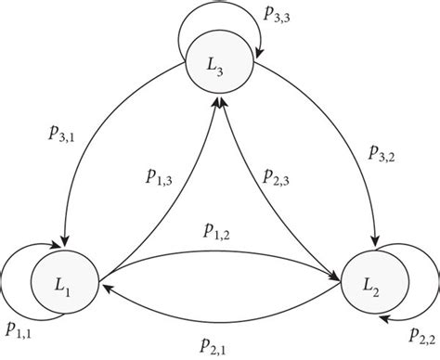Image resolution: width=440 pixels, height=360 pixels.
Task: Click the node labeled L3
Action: pyautogui.click(x=220, y=66)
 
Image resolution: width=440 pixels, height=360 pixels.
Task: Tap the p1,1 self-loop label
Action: pyautogui.click(x=24, y=329)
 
